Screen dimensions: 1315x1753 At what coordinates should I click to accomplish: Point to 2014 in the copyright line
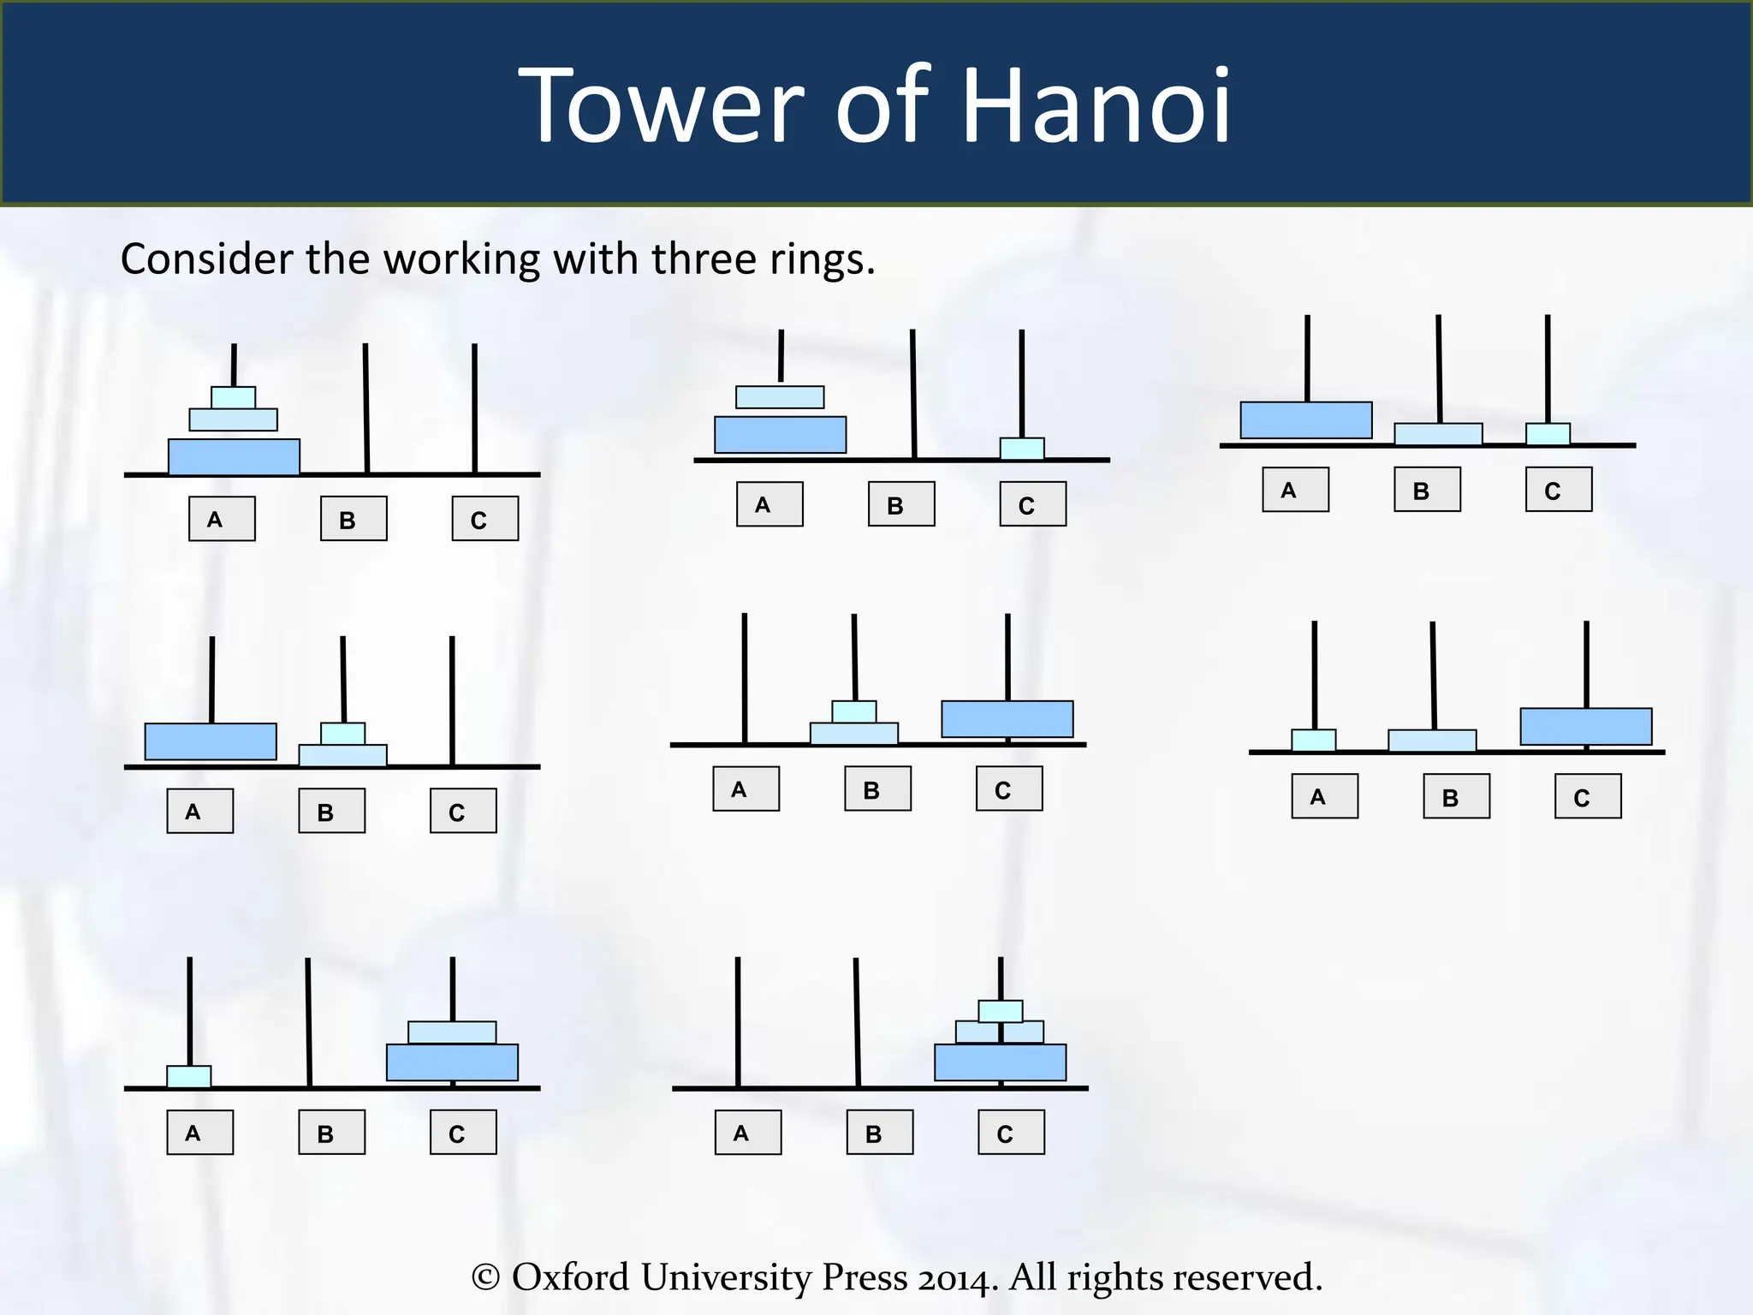click(x=956, y=1278)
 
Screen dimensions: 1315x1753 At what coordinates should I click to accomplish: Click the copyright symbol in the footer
click(x=485, y=1277)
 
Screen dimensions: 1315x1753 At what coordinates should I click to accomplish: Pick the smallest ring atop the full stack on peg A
click(x=233, y=397)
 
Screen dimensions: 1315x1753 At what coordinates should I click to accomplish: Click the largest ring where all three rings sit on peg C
click(x=1000, y=1062)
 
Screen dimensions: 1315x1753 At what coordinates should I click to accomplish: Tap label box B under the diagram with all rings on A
click(x=354, y=519)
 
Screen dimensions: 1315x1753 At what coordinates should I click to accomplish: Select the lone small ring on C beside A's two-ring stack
click(x=1022, y=449)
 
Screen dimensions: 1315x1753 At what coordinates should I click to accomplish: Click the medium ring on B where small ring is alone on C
click(x=1438, y=434)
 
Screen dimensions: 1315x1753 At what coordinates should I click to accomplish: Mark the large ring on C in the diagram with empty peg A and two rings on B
click(x=1007, y=719)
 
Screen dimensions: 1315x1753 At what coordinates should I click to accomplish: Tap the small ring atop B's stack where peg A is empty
click(x=854, y=711)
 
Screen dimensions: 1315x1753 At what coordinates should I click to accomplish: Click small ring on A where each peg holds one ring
click(x=1313, y=741)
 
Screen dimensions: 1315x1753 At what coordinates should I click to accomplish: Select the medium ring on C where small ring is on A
click(x=452, y=1032)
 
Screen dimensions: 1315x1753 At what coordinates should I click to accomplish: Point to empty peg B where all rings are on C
click(x=857, y=1019)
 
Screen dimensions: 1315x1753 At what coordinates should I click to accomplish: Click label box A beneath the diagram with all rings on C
click(x=748, y=1133)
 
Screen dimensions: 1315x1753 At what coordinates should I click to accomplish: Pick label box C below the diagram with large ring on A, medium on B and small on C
click(x=1558, y=490)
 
